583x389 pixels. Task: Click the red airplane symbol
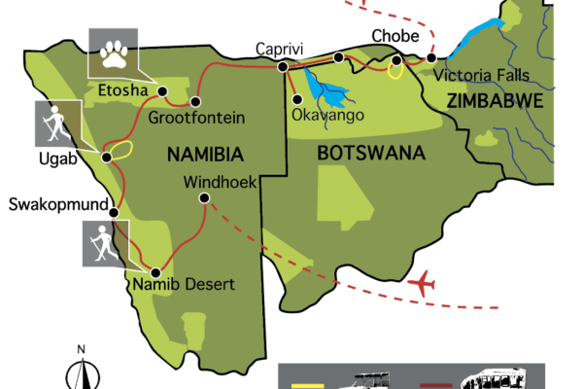tap(422, 285)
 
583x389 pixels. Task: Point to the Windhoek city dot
tap(204, 198)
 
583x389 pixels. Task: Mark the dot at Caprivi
tap(283, 67)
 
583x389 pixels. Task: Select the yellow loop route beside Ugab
tap(119, 152)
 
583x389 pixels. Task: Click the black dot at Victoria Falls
tap(431, 58)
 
